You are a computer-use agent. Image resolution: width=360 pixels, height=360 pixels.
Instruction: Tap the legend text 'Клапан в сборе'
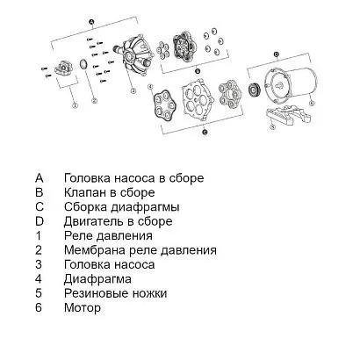110,191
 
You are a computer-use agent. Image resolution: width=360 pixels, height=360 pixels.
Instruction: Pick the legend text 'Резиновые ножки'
115,293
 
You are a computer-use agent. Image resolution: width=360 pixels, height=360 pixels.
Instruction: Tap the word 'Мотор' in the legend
83,308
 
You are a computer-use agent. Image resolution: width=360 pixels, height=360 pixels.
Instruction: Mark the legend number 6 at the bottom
39,308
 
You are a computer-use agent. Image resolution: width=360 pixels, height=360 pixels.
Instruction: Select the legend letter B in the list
39,191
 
